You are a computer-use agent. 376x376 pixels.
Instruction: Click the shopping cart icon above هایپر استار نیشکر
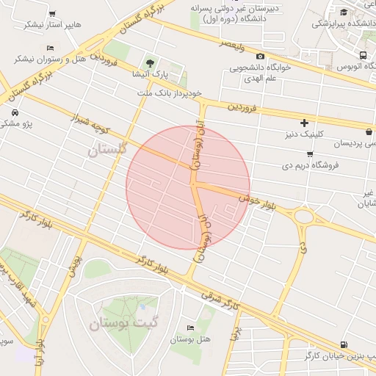point(51,13)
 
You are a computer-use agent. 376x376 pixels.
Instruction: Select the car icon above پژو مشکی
point(15,113)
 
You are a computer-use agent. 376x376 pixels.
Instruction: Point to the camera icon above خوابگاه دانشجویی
point(260,56)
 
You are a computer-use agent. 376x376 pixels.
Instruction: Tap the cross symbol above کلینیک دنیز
point(304,122)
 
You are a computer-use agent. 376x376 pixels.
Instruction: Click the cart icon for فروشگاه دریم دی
point(310,153)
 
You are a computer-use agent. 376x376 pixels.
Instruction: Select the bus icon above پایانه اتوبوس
point(364,55)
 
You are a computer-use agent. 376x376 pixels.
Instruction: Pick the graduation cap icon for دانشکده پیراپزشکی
point(345,11)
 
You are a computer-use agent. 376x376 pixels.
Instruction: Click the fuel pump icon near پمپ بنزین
point(344,344)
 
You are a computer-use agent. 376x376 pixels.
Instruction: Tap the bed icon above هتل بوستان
point(191,328)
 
